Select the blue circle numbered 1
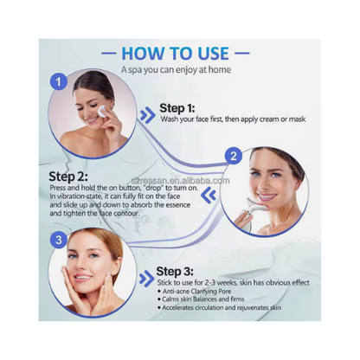click(x=58, y=82)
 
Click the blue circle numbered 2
click(x=231, y=157)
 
